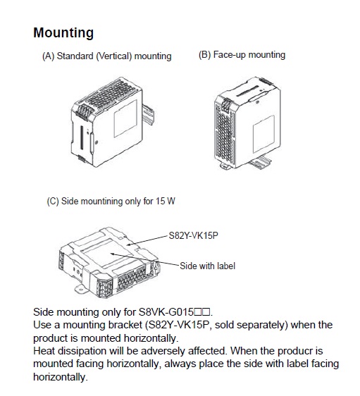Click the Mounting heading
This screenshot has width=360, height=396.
63,33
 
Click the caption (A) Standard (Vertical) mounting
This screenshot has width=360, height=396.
107,56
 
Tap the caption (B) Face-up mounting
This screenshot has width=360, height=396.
242,55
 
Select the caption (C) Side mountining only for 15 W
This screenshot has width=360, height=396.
111,202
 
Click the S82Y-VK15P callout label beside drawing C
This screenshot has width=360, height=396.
193,235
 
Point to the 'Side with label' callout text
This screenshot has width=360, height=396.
207,266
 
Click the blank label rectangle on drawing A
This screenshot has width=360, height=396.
125,118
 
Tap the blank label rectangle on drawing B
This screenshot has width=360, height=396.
263,134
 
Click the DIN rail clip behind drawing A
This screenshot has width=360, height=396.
148,115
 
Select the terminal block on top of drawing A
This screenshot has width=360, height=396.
83,111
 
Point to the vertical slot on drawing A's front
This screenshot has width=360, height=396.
82,137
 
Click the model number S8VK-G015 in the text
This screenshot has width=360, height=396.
166,312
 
